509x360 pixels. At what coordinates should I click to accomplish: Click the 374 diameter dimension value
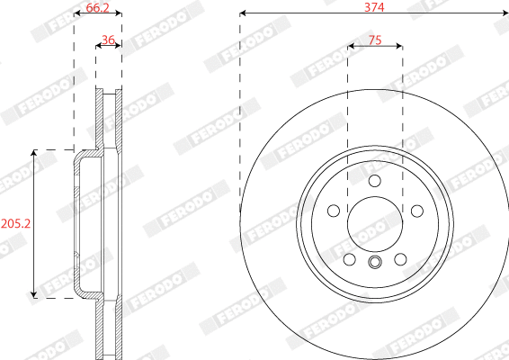tap(375, 6)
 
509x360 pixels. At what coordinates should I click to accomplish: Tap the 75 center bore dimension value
tap(375, 40)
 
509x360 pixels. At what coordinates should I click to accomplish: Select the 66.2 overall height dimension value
tap(97, 8)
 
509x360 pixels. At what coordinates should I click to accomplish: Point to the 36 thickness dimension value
tap(108, 40)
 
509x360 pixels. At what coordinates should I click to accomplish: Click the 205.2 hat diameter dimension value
tap(14, 222)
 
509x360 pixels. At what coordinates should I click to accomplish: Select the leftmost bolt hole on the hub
tap(334, 211)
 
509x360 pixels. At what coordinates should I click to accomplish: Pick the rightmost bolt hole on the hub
tap(416, 211)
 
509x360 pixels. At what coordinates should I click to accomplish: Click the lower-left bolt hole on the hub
tap(349, 259)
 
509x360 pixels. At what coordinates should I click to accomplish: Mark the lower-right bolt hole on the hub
tap(401, 259)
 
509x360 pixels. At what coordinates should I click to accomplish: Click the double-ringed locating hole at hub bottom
tap(375, 263)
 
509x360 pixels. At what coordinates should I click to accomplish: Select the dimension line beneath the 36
tap(108, 49)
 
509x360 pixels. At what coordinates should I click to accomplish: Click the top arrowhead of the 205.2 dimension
tap(34, 154)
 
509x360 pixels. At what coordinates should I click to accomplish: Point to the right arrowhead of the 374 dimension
tap(505, 14)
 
